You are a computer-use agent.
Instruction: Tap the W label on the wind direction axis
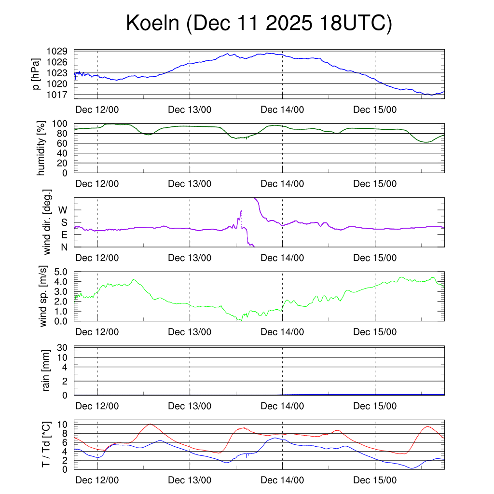63,210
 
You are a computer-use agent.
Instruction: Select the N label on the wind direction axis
63,247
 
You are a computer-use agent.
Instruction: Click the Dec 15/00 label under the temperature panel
375,480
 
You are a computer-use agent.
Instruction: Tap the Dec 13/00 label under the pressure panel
190,110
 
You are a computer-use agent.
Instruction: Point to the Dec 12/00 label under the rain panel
97,406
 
